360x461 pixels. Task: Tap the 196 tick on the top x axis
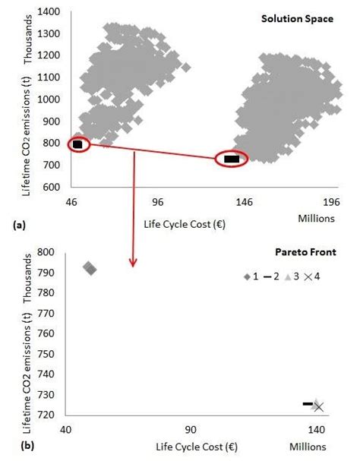coord(332,204)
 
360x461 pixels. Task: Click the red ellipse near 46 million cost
coord(79,144)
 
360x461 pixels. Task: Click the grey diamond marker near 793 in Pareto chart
coord(90,268)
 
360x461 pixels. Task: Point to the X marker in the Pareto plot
coord(319,407)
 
